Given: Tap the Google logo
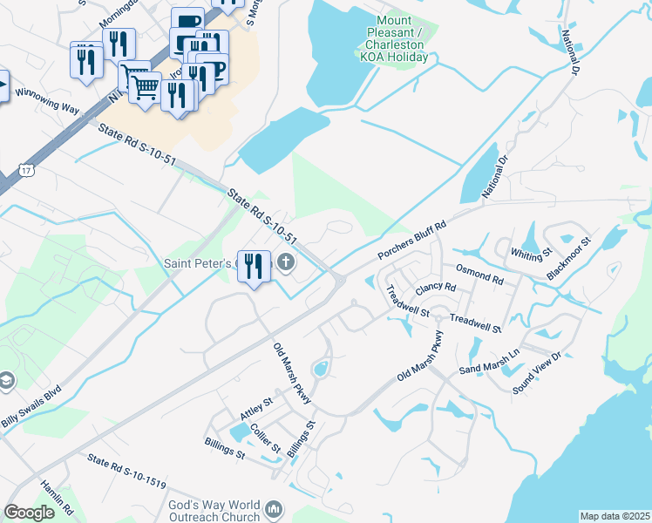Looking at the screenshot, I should (30, 512).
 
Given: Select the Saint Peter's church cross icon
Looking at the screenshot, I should (285, 261).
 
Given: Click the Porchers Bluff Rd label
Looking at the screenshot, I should (411, 240).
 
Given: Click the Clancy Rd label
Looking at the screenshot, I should (436, 288).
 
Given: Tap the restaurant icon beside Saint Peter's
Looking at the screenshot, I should (254, 266).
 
